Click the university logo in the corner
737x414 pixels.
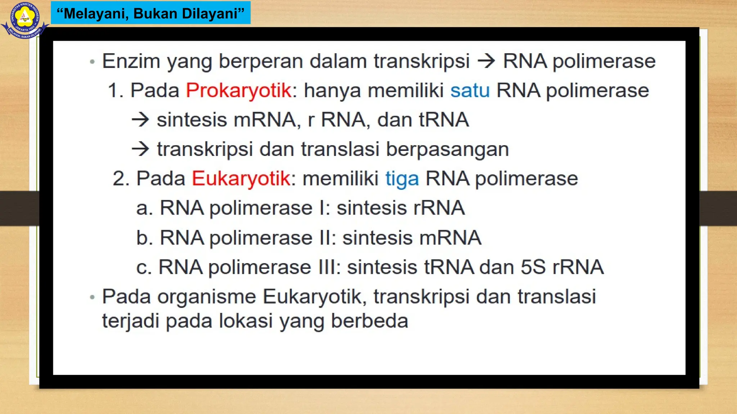coord(24,19)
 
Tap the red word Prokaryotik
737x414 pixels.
coord(238,90)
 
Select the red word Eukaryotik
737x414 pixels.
coord(241,179)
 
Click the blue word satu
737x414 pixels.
coord(470,90)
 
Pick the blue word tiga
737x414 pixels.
coord(402,179)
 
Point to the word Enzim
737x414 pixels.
coord(131,61)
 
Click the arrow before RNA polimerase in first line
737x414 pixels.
coord(486,61)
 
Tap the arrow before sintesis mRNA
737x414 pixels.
coord(140,120)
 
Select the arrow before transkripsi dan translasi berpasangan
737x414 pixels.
coord(140,149)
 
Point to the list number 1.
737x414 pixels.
coord(115,90)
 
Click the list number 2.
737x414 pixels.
coord(121,179)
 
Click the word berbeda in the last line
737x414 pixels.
coord(369,321)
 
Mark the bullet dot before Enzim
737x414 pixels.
coord(92,62)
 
